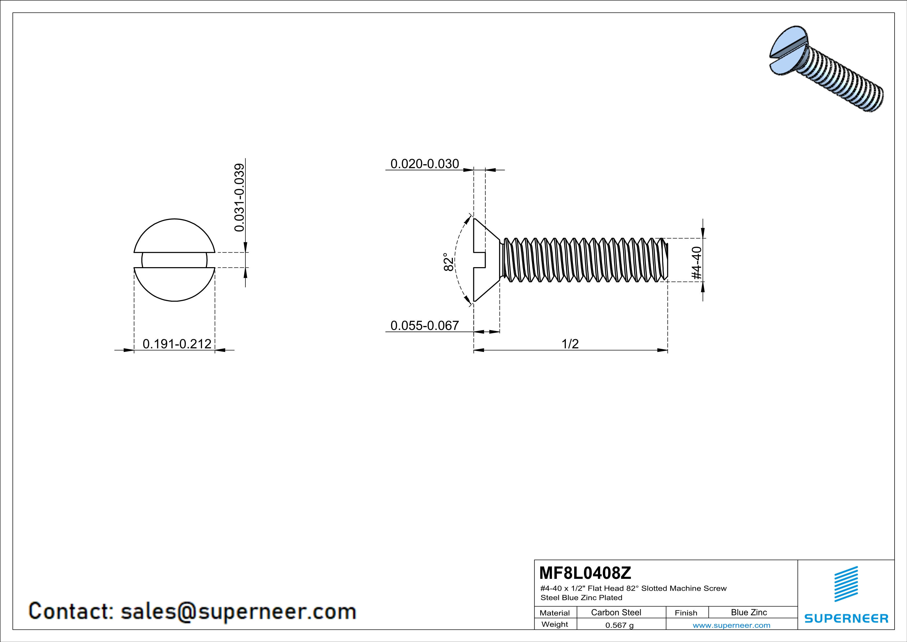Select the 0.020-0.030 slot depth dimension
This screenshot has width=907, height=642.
pos(425,164)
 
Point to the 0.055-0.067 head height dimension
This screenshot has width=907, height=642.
pos(425,325)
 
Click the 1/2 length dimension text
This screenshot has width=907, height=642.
pos(570,344)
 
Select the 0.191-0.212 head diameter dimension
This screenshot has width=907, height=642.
pos(177,344)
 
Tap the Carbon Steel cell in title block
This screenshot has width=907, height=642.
pos(616,612)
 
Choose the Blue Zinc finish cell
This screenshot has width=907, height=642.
pos(748,612)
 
